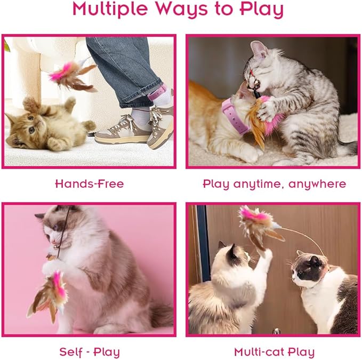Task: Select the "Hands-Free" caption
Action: tap(90, 184)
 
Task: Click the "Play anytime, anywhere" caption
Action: tap(274, 184)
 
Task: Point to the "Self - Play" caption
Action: tap(90, 352)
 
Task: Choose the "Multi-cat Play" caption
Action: tap(274, 352)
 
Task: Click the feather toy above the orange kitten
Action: tap(72, 75)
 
